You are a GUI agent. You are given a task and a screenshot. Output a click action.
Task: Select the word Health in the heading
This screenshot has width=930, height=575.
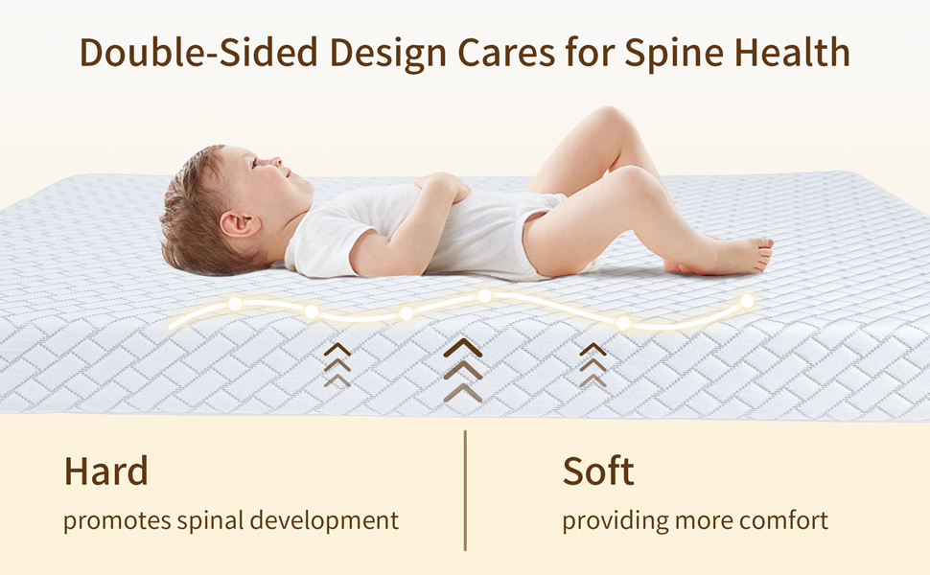792,52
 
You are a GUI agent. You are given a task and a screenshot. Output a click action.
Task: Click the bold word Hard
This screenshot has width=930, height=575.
105,471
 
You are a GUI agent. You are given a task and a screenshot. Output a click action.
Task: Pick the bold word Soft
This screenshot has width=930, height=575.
598,471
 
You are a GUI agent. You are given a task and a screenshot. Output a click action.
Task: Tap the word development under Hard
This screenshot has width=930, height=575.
324,521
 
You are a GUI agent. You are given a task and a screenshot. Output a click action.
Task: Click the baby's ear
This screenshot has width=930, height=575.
238,224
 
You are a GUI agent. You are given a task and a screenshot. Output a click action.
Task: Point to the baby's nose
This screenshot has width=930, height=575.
276,161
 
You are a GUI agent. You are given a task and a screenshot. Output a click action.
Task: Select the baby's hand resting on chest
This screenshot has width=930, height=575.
442,186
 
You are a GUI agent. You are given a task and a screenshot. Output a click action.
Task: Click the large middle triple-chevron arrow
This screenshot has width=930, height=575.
463,370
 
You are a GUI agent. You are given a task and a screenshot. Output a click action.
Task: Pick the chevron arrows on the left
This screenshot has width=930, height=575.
337,364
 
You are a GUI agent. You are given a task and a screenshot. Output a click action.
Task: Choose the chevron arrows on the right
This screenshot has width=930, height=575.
593,364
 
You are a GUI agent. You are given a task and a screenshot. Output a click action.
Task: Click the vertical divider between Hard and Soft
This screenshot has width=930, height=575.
465,491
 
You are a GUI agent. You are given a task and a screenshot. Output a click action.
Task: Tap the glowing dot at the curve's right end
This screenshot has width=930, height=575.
747,301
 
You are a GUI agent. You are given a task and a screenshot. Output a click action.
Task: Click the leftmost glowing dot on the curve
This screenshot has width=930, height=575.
235,304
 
